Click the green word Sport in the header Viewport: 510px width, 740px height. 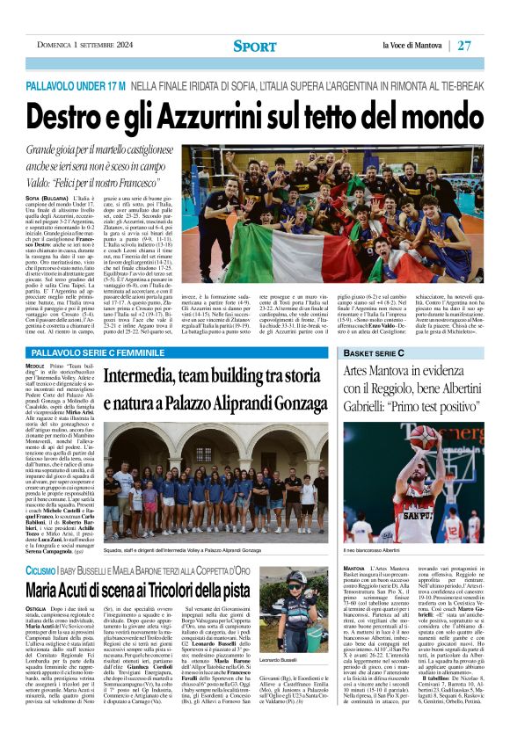254,46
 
